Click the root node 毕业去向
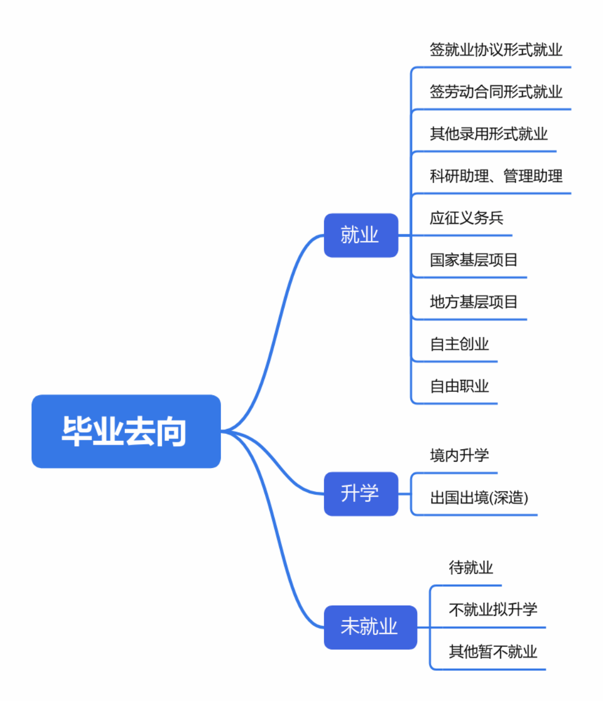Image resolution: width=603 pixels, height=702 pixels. tap(126, 431)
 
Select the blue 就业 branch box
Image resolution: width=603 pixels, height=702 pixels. tap(360, 235)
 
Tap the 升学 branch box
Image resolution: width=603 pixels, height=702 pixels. tap(360, 493)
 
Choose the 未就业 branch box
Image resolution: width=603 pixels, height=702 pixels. tap(370, 627)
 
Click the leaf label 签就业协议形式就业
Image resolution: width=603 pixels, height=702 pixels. tap(496, 50)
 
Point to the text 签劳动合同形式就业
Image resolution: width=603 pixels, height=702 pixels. tap(496, 92)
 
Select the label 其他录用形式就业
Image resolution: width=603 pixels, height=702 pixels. tap(489, 134)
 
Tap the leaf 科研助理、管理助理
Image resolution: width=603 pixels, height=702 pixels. tap(496, 175)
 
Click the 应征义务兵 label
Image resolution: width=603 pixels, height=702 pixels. tap(466, 218)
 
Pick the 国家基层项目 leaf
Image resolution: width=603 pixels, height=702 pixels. tap(473, 260)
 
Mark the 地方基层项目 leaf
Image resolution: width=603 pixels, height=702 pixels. tap(473, 302)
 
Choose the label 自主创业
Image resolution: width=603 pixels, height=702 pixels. tap(459, 344)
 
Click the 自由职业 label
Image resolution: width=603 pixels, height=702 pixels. tap(459, 386)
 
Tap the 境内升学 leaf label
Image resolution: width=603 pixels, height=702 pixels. tap(459, 455)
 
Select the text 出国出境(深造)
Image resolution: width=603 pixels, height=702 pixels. tap(479, 497)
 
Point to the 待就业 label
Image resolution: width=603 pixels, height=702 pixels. tap(471, 567)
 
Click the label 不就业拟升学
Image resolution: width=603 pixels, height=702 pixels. tap(493, 609)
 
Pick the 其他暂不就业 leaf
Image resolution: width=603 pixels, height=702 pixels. tap(493, 651)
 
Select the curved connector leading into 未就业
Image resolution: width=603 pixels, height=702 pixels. tap(278, 545)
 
